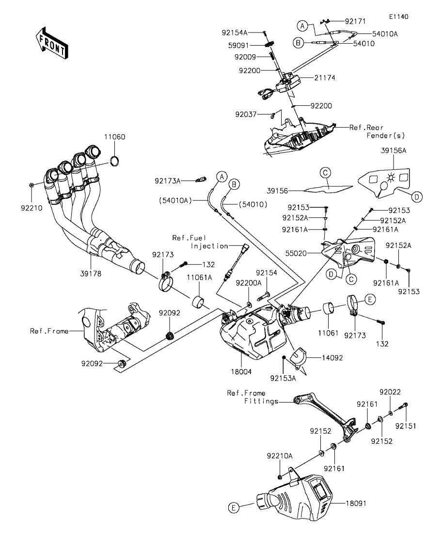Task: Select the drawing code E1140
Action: tap(398, 16)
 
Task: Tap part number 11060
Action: tap(115, 137)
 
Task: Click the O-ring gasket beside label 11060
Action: tap(115, 160)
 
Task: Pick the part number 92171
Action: tap(355, 22)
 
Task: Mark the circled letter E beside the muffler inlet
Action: tap(234, 508)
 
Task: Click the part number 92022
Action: tap(390, 391)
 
